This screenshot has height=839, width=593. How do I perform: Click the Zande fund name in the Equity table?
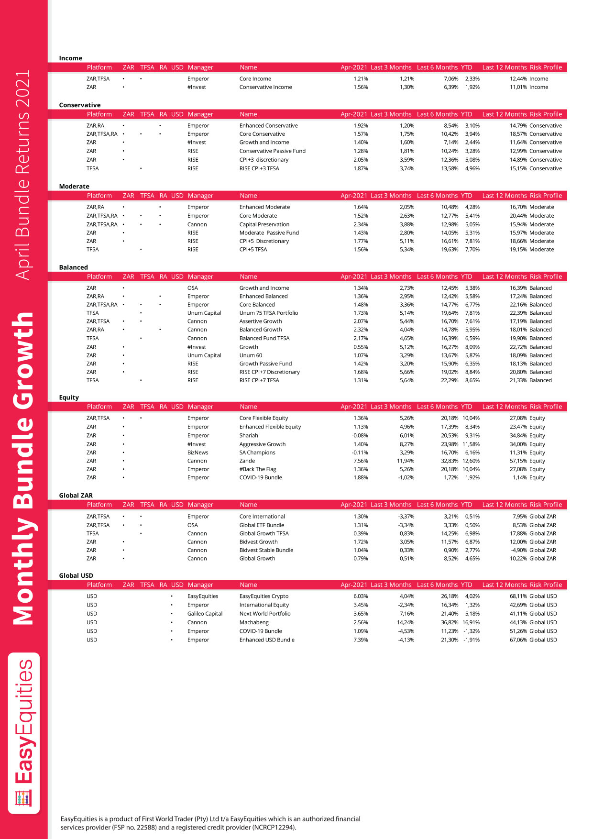click(x=247, y=461)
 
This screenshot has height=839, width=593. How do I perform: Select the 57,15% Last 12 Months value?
click(x=518, y=461)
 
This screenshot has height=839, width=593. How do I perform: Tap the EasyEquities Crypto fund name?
click(x=264, y=596)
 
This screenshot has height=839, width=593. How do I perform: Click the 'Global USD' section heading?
click(x=76, y=575)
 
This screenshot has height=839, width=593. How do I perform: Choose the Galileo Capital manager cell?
click(x=205, y=614)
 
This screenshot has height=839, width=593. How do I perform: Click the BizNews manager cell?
click(x=198, y=453)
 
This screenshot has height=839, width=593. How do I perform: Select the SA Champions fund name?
click(x=257, y=453)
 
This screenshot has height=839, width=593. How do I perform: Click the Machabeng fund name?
click(x=254, y=622)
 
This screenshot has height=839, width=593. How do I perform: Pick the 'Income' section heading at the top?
click(x=71, y=58)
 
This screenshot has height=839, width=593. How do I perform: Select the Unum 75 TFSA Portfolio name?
click(x=268, y=313)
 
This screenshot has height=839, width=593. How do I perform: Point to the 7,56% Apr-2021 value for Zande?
click(x=361, y=461)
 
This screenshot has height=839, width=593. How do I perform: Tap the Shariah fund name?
click(x=249, y=435)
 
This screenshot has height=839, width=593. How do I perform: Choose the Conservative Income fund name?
click(x=265, y=87)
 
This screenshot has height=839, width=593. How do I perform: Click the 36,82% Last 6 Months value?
click(x=450, y=622)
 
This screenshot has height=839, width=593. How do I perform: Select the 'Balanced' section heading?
click(x=74, y=267)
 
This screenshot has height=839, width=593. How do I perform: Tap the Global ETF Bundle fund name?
click(x=262, y=525)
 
